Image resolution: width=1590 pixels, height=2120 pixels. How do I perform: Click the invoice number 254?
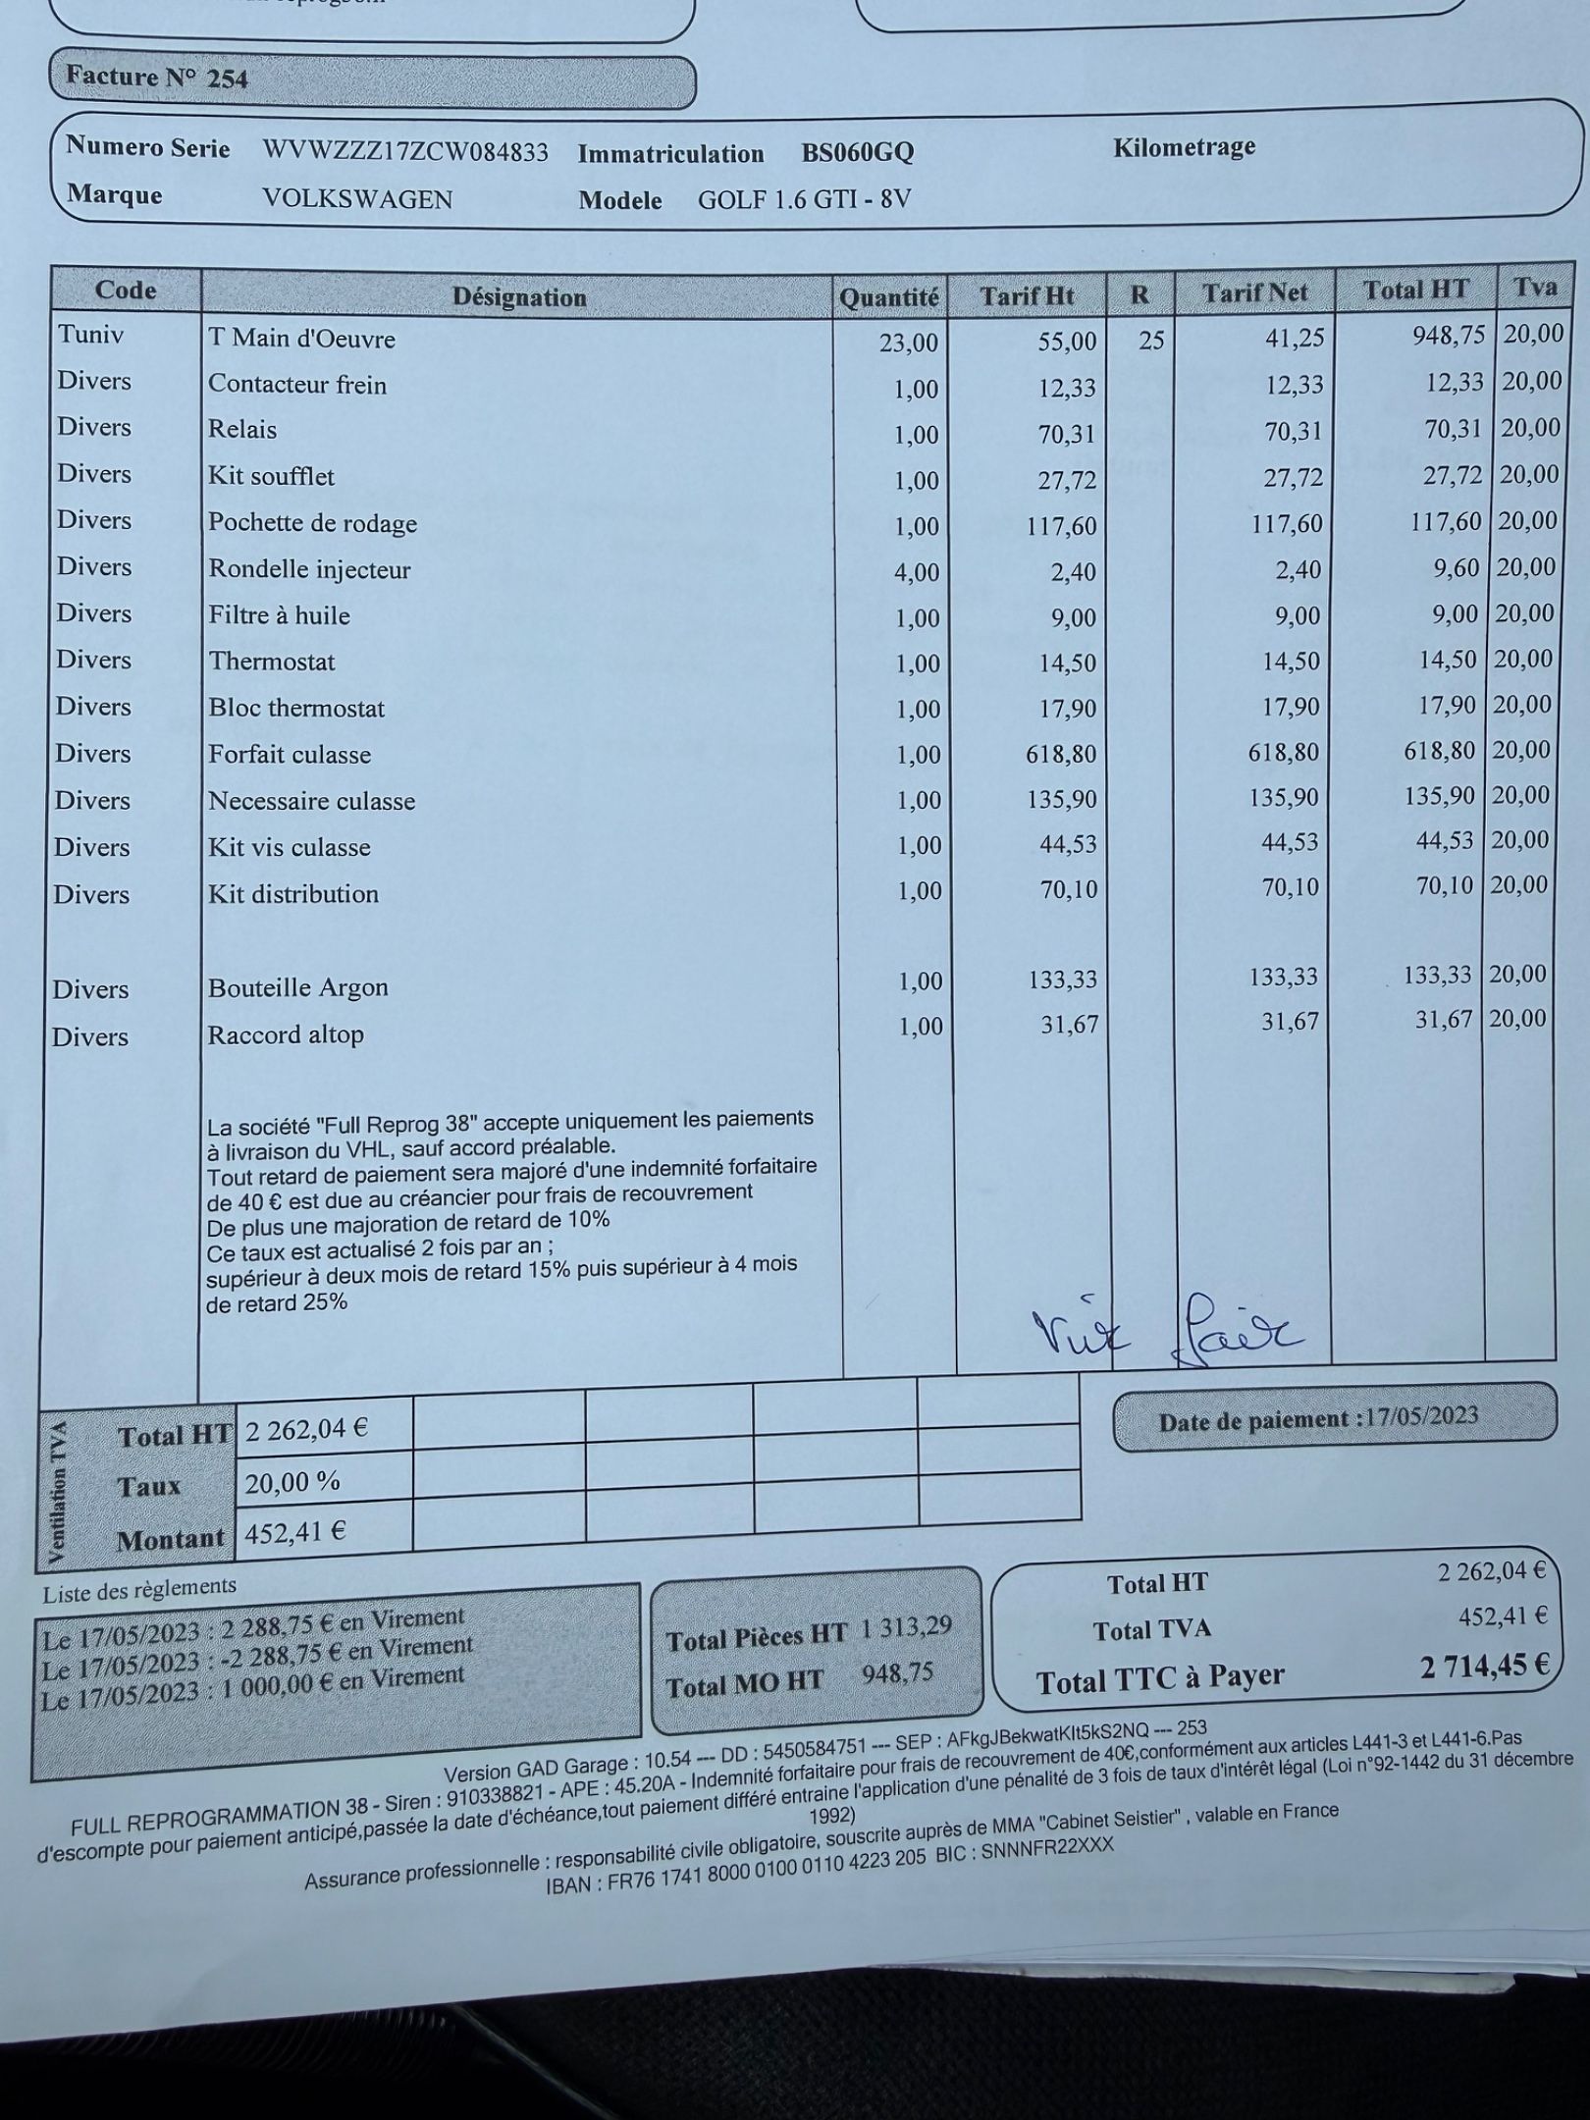[227, 79]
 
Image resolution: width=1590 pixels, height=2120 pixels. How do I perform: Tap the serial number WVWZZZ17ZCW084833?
[405, 152]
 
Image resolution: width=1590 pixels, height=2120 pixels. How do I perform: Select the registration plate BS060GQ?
[857, 153]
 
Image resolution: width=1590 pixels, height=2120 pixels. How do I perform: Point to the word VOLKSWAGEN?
[357, 199]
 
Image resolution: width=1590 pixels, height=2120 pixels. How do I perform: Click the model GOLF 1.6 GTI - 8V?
[804, 200]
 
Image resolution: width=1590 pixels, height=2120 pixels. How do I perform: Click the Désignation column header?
[518, 297]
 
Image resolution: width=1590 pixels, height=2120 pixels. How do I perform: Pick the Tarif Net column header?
[1254, 293]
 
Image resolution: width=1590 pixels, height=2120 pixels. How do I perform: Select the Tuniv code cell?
[91, 335]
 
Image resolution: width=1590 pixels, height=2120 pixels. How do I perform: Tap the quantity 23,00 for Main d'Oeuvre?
[909, 343]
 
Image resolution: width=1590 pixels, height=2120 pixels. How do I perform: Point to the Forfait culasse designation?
[290, 755]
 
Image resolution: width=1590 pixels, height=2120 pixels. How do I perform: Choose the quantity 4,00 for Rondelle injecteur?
[916, 572]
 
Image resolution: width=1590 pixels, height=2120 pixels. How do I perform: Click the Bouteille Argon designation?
[297, 987]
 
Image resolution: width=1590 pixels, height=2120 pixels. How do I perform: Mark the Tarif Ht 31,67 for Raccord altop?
[1069, 1026]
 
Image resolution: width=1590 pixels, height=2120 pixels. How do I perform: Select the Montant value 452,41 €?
[295, 1532]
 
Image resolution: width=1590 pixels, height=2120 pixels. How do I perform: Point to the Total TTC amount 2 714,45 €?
[1483, 1666]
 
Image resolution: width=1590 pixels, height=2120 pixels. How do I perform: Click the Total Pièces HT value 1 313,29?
[906, 1627]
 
